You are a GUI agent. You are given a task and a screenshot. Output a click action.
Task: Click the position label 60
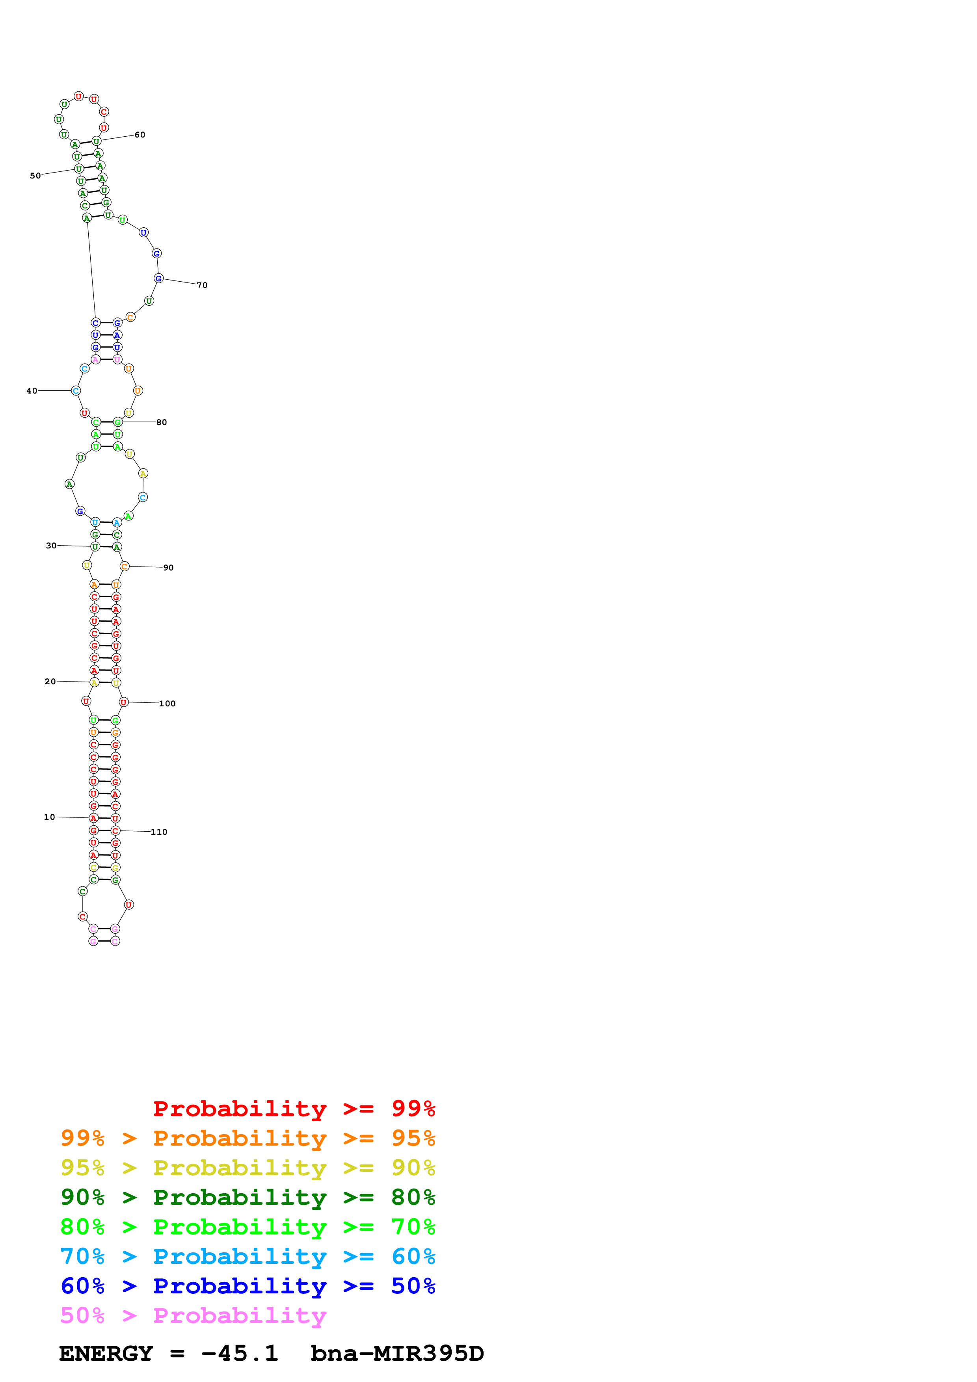pyautogui.click(x=140, y=135)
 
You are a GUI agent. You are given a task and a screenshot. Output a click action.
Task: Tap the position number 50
pyautogui.click(x=35, y=176)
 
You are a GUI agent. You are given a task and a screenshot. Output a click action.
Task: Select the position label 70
pyautogui.click(x=202, y=285)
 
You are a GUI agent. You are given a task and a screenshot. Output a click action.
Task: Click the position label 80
pyautogui.click(x=161, y=423)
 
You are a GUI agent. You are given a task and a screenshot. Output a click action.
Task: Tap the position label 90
pyautogui.click(x=169, y=568)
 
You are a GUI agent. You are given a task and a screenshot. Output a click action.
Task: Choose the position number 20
pyautogui.click(x=50, y=682)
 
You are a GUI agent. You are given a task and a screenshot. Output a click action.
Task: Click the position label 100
pyautogui.click(x=167, y=704)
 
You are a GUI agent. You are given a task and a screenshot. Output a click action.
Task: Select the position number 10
pyautogui.click(x=49, y=817)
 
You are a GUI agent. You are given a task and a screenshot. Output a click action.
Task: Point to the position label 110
pyautogui.click(x=159, y=832)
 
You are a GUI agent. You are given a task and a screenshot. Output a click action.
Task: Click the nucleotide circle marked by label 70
pyautogui.click(x=158, y=278)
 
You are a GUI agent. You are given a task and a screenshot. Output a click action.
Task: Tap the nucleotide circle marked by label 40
pyautogui.click(x=76, y=391)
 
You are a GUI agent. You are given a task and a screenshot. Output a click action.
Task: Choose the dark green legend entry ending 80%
pyautogui.click(x=248, y=1197)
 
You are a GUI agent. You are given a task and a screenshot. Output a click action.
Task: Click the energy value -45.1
pyautogui.click(x=240, y=1354)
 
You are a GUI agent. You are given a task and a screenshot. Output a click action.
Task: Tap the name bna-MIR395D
pyautogui.click(x=397, y=1354)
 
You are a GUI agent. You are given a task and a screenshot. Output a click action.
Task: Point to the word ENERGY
pyautogui.click(x=106, y=1354)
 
